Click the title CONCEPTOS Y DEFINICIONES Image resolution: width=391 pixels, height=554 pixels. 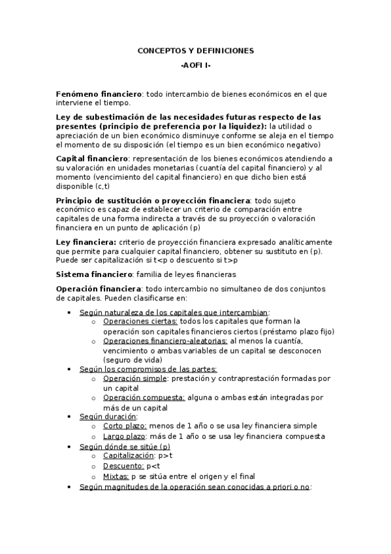[x=195, y=50]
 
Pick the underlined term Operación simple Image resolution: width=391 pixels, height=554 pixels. [x=135, y=378]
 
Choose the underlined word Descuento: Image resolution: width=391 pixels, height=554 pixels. [x=123, y=466]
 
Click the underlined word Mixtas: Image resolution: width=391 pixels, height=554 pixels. [x=116, y=476]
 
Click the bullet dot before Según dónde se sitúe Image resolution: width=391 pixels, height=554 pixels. [x=70, y=446]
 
